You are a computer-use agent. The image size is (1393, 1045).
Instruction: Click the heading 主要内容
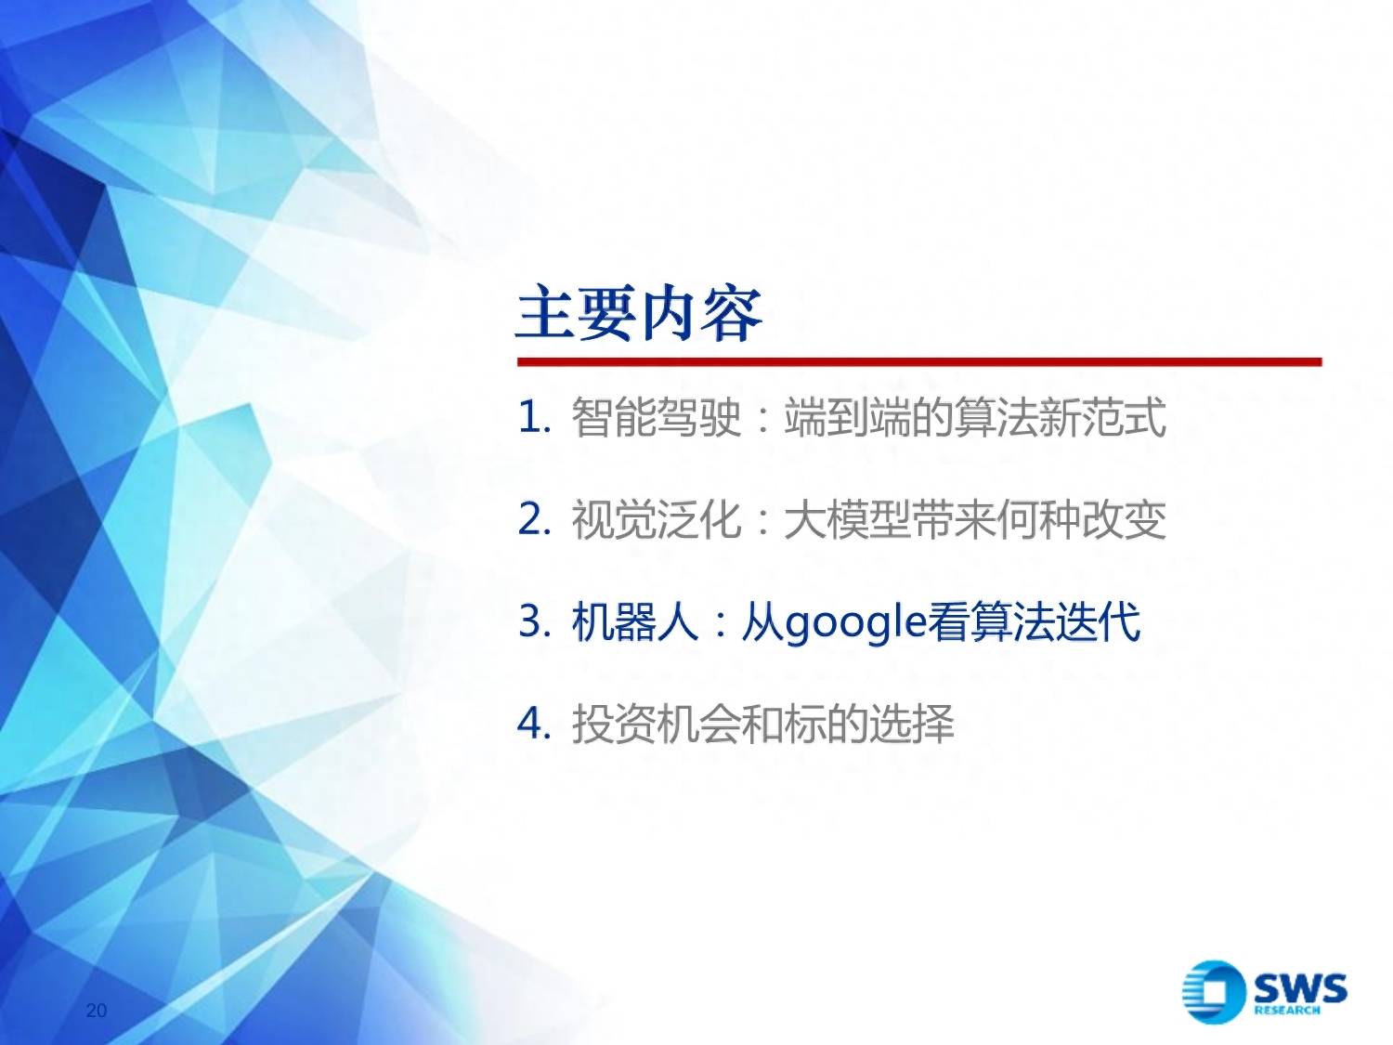click(x=639, y=315)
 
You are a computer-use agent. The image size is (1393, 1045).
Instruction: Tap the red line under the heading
click(x=919, y=361)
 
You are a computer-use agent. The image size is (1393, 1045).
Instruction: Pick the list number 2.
click(x=533, y=520)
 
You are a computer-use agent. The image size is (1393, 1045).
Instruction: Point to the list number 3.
click(x=533, y=621)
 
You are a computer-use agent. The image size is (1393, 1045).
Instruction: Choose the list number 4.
click(x=533, y=724)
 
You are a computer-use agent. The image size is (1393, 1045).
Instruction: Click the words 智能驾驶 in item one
click(x=657, y=417)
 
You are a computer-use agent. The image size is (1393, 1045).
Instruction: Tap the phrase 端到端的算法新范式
click(x=975, y=417)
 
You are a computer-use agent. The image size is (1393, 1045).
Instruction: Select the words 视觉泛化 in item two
click(x=657, y=519)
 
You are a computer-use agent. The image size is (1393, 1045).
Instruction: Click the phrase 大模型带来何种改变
click(x=975, y=519)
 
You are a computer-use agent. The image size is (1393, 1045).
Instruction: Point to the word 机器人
click(x=635, y=621)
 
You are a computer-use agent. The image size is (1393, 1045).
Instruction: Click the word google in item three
click(x=855, y=624)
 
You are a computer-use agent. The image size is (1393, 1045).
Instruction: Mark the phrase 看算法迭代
click(x=1034, y=621)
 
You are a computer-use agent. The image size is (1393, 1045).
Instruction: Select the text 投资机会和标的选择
click(x=762, y=724)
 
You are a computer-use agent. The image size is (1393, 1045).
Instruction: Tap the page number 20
click(x=97, y=1011)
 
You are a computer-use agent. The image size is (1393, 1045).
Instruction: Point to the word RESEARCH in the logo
click(x=1287, y=1011)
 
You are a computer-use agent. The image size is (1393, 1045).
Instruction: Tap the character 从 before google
click(x=762, y=621)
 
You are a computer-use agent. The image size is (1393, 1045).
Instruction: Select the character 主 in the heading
click(x=547, y=315)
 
